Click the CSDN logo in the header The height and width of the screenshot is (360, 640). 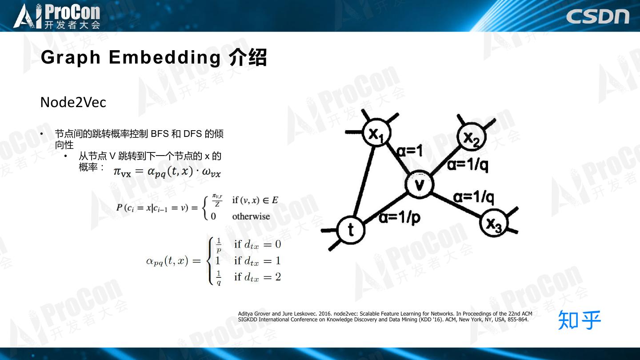pos(597,16)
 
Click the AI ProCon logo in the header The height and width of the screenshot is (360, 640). pos(56,16)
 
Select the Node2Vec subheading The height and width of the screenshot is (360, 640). pos(73,102)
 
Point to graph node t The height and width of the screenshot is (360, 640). pos(351,229)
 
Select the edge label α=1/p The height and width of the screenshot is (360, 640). pos(400,218)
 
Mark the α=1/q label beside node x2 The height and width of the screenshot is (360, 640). pos(468,165)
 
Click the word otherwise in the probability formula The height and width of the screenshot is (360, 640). pos(251,216)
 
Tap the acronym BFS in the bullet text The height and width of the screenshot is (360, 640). pos(160,134)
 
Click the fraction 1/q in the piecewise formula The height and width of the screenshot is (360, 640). pos(219,277)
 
